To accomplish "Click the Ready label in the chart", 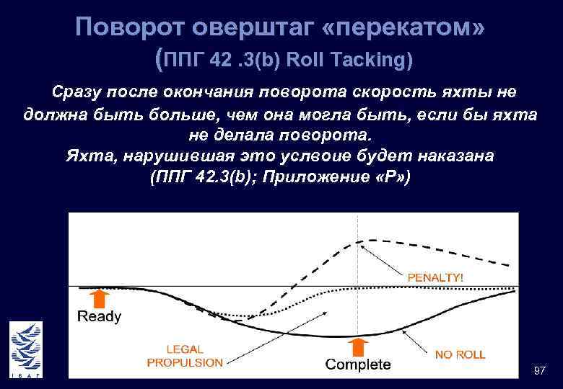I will click(x=99, y=316).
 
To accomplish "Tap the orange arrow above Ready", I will click(x=100, y=298).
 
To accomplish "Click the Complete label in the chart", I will click(x=358, y=364).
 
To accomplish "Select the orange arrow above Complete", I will click(x=359, y=346).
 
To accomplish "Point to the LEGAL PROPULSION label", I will click(x=185, y=356).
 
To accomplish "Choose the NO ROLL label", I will click(x=460, y=354).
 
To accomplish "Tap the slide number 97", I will click(x=538, y=370).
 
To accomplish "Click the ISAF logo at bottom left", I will click(x=25, y=349).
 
